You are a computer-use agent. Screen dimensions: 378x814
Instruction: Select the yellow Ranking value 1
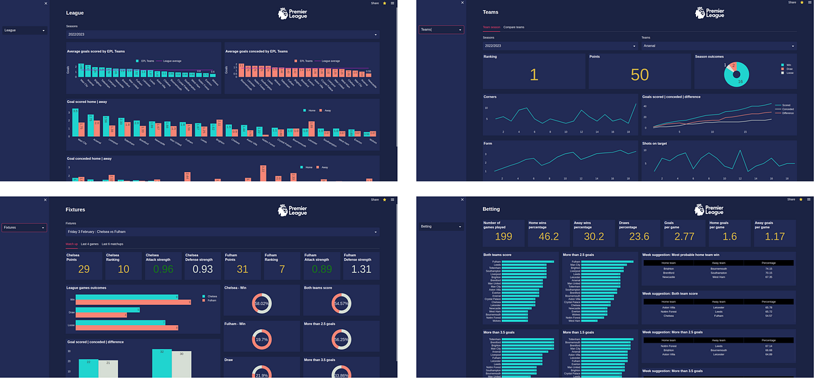pos(534,75)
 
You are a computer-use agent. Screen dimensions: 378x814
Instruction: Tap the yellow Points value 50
pos(640,75)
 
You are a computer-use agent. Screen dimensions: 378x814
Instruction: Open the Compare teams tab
pos(513,27)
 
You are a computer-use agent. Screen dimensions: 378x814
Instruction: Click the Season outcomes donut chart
pos(737,75)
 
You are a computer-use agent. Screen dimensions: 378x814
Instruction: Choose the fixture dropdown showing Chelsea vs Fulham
pos(222,232)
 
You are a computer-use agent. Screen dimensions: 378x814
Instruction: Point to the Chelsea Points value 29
pos(83,270)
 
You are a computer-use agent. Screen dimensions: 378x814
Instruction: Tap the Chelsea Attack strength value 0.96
pos(163,270)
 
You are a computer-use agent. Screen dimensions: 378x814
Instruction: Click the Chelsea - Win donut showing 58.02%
pos(261,303)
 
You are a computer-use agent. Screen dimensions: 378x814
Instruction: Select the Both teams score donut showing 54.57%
pos(341,303)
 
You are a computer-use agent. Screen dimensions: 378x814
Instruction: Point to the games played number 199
pos(503,236)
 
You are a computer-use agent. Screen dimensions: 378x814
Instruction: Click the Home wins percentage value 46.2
pos(547,236)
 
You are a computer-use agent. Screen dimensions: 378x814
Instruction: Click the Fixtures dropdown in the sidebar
pos(24,228)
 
